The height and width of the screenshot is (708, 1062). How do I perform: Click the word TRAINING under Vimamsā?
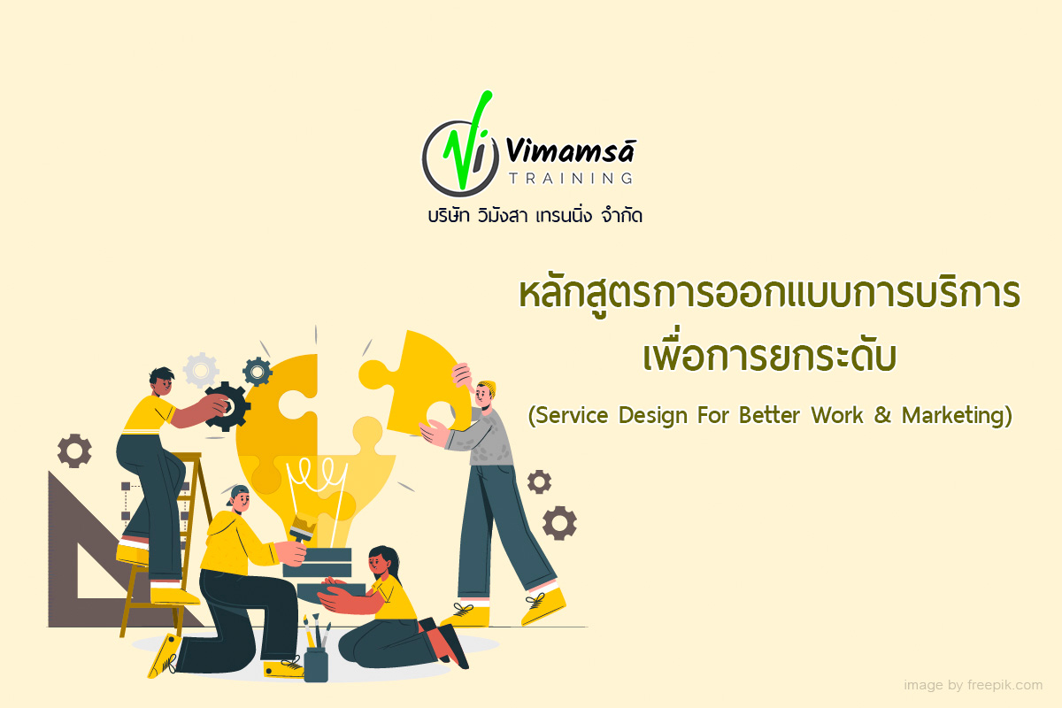570,178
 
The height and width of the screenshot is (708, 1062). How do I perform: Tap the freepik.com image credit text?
973,685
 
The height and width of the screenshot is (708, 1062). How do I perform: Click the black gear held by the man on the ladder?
227,407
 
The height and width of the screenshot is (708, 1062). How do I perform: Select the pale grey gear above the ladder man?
201,369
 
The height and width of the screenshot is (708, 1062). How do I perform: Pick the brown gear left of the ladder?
74,450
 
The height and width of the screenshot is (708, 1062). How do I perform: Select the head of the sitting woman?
385,559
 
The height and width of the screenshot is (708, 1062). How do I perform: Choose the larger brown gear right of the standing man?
559,522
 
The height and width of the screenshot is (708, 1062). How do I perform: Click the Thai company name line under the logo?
531,215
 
